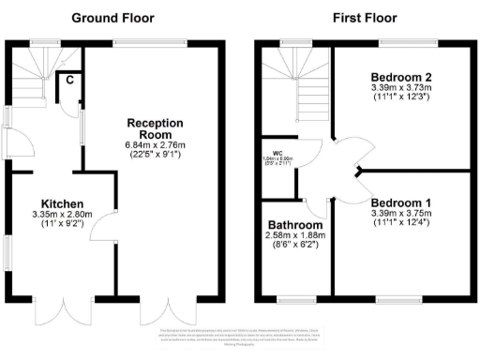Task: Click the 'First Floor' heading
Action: [x=364, y=17]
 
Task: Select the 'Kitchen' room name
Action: [x=63, y=203]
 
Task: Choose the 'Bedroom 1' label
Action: [x=400, y=202]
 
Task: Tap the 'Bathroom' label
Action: [x=295, y=226]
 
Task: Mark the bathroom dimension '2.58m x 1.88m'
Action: [x=295, y=237]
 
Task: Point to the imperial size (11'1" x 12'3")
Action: [x=400, y=97]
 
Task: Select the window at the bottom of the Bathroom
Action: [x=296, y=300]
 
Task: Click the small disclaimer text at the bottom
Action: [x=239, y=339]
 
